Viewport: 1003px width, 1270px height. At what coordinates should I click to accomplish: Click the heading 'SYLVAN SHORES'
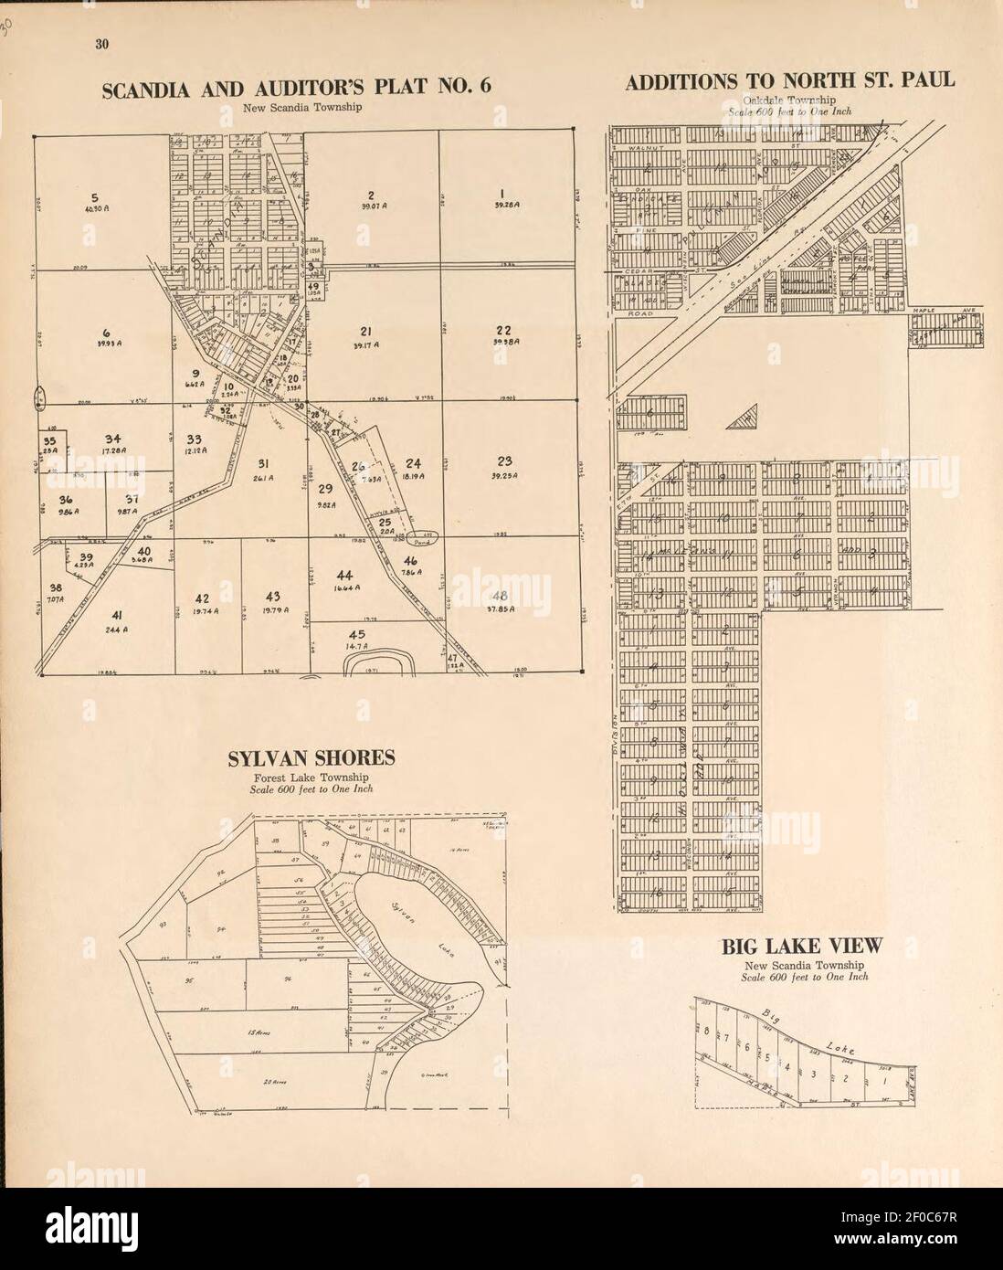click(311, 757)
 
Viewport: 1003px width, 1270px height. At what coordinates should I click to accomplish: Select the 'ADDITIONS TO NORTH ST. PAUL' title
click(790, 81)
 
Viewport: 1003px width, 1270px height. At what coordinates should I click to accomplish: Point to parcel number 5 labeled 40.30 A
click(94, 197)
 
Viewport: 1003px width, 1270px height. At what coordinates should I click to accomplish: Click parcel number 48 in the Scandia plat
click(501, 596)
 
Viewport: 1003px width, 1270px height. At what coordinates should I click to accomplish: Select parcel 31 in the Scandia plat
click(261, 463)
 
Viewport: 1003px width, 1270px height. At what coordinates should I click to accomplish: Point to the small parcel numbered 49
click(312, 287)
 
